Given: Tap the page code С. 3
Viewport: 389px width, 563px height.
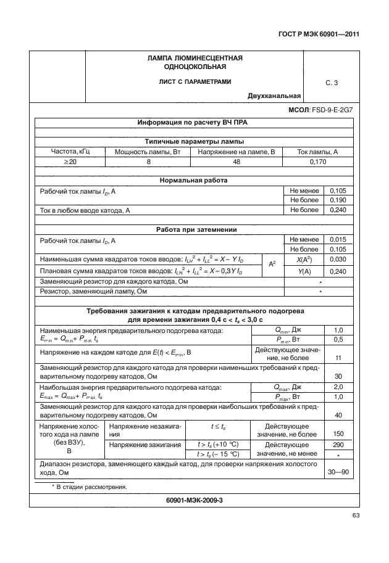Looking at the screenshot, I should (331, 81).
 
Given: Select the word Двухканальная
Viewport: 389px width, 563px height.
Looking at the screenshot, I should (274, 96).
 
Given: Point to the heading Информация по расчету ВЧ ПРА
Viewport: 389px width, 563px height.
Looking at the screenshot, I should (194, 123).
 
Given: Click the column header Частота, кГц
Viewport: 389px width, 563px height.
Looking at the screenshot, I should (69, 151).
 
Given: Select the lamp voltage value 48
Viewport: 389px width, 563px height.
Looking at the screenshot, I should (236, 162).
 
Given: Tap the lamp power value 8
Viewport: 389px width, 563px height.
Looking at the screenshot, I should (148, 162).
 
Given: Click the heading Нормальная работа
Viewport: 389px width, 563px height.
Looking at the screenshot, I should (194, 181).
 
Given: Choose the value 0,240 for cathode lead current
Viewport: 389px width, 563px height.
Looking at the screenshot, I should (338, 210).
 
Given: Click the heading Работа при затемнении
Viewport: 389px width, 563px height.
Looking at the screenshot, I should (194, 229).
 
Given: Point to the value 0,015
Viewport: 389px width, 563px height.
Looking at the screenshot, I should (338, 239).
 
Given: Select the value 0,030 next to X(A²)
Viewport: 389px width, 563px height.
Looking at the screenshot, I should (338, 260).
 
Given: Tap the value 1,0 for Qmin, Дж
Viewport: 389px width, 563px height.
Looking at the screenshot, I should (338, 330).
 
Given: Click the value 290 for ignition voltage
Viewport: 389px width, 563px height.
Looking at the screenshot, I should (338, 444).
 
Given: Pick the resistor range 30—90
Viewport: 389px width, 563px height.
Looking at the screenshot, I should (338, 472).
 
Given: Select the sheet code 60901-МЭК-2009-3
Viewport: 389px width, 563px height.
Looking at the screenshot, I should (194, 500).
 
